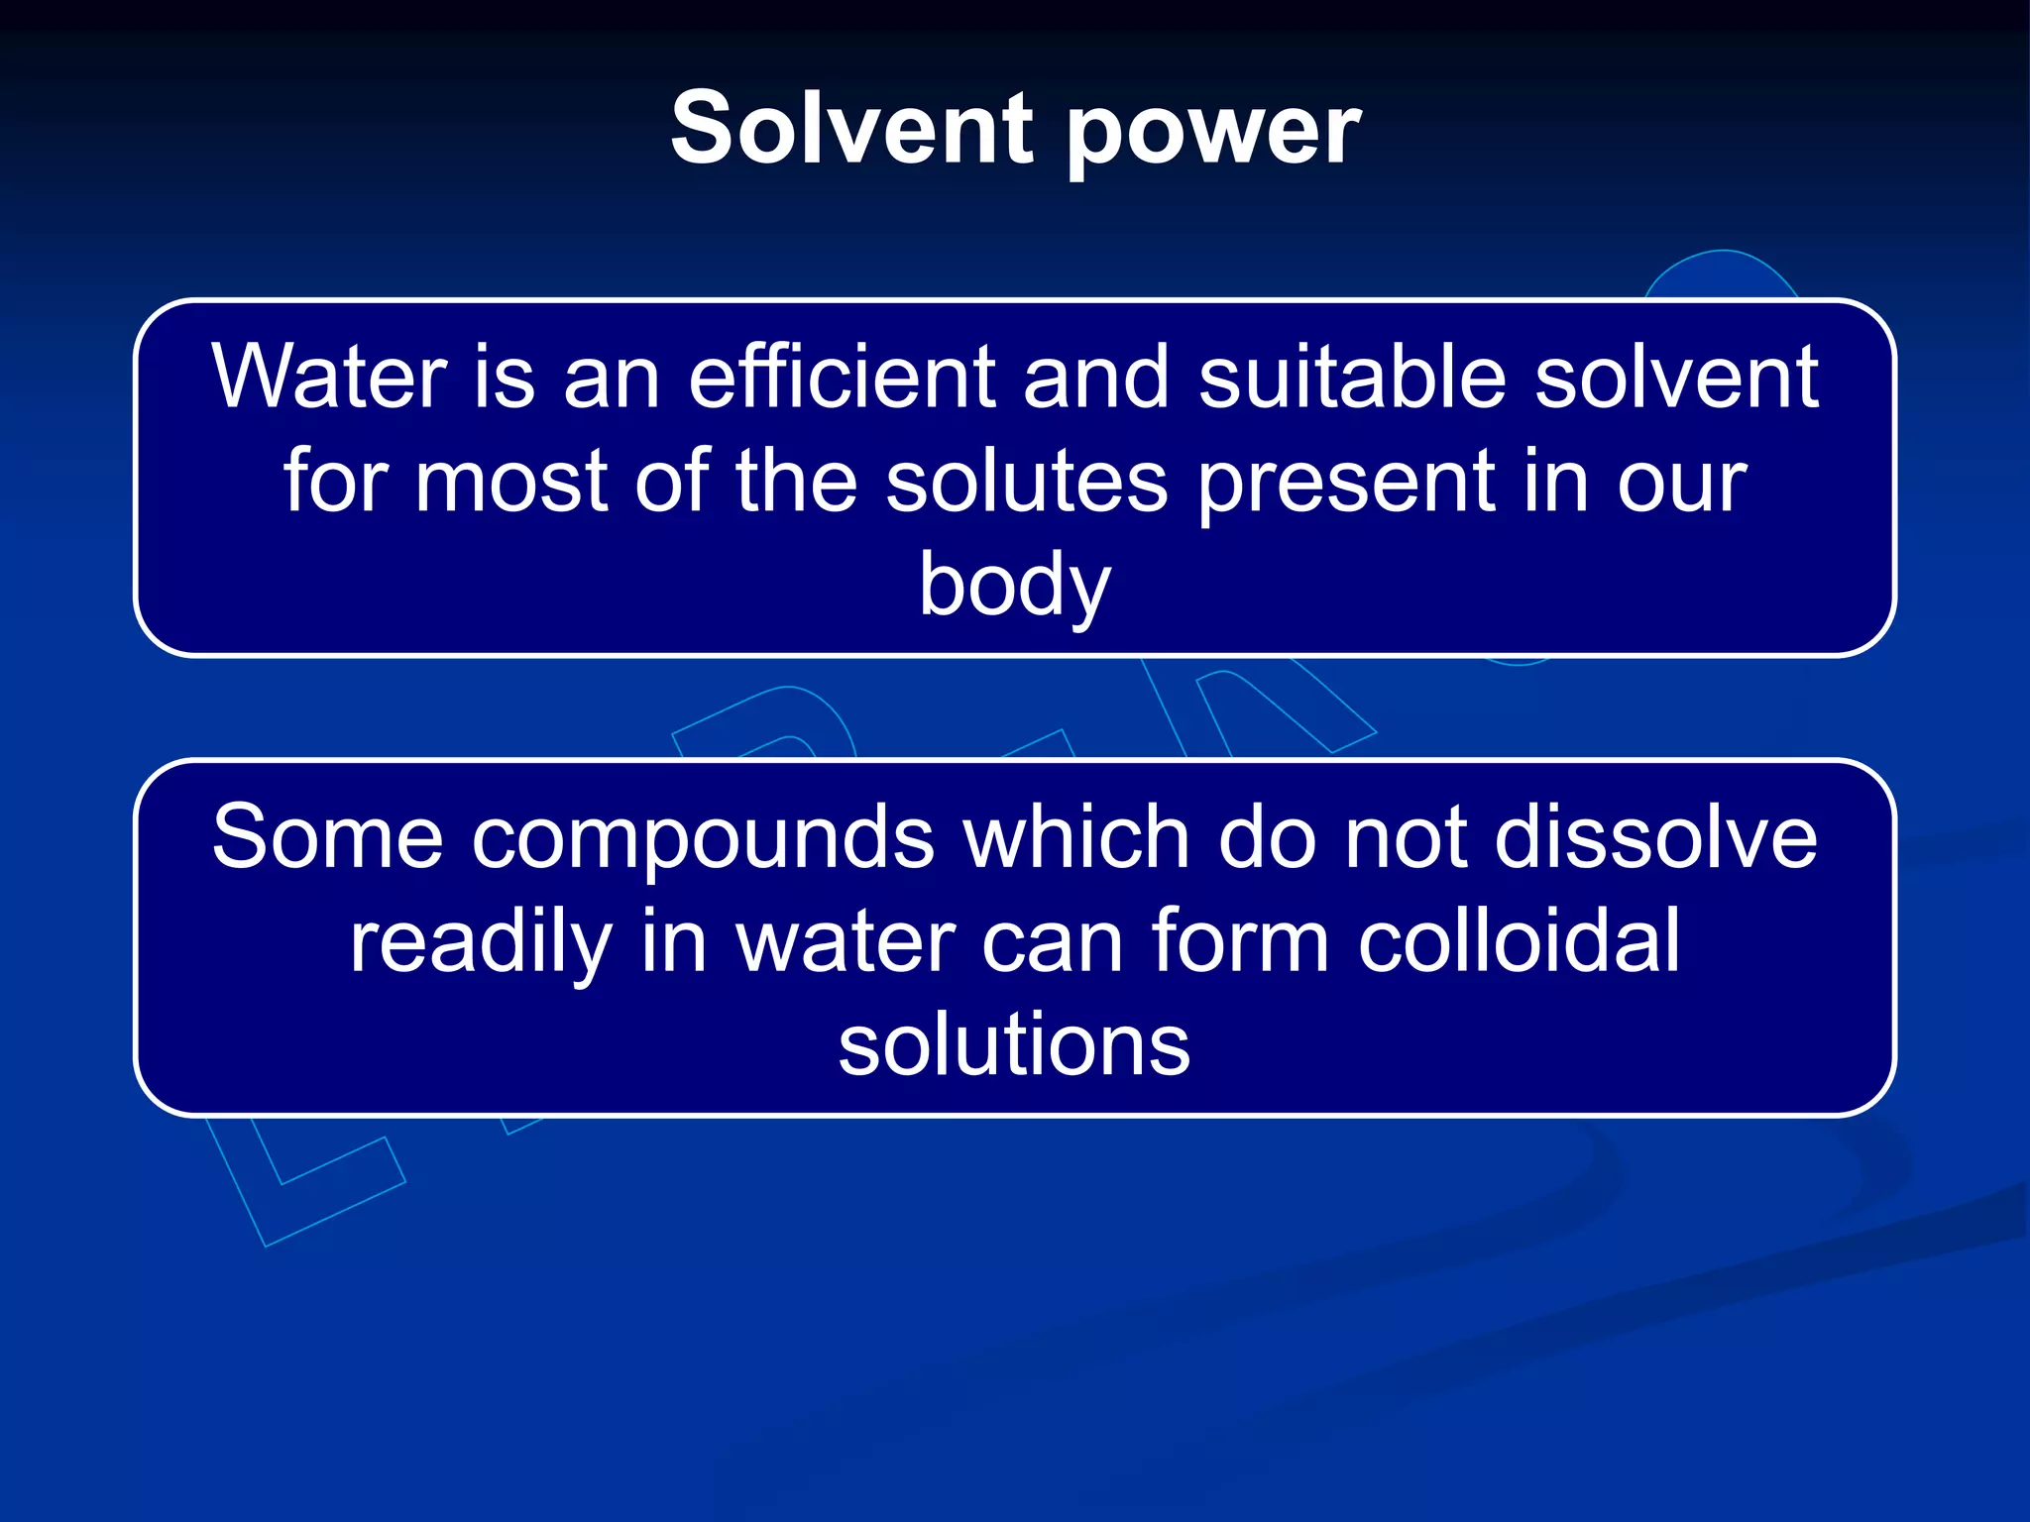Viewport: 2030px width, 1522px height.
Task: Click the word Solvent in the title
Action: click(852, 129)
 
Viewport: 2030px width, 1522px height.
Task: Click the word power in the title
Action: click(1213, 134)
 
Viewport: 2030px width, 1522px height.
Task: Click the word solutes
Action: click(1026, 482)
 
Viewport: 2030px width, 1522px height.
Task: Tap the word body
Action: click(1014, 587)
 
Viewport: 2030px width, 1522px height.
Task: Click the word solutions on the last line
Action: click(1014, 1046)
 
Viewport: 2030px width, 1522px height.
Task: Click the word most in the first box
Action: click(510, 484)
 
